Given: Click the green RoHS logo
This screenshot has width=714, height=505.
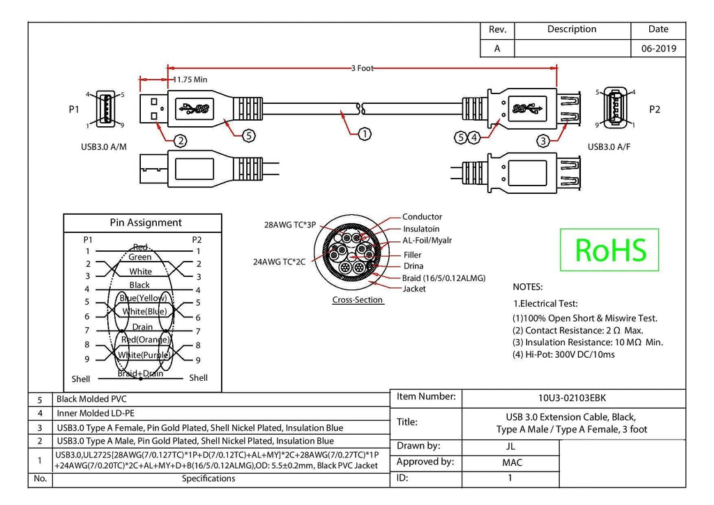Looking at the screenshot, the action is click(x=609, y=250).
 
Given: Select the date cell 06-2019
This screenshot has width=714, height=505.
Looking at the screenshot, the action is click(x=658, y=48).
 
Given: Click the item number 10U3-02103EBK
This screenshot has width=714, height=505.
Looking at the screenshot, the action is click(x=572, y=398).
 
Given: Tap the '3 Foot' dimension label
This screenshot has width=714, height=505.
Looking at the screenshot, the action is click(x=362, y=68).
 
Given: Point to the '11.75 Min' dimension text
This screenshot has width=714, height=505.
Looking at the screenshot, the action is click(x=190, y=80).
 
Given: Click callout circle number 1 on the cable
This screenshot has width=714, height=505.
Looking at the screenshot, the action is click(x=365, y=134).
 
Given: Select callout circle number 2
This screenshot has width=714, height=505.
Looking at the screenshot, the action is click(x=181, y=141).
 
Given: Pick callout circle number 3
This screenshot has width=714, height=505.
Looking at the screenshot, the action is click(x=542, y=141).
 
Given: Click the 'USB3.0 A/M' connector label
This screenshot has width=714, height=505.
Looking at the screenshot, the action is click(x=104, y=147).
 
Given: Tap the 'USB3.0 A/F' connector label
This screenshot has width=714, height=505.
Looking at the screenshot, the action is click(x=609, y=146).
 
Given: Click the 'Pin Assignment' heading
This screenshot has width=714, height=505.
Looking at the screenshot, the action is click(x=146, y=223).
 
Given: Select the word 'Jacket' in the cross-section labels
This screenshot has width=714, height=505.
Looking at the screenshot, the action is click(x=414, y=289).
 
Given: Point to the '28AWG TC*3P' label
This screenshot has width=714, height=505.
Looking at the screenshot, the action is click(x=290, y=225).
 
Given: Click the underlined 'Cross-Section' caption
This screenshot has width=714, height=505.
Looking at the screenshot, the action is click(x=358, y=300).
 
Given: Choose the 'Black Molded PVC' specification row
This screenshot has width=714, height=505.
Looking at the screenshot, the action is click(x=91, y=399).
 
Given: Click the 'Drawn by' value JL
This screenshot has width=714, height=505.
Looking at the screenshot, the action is click(x=510, y=446).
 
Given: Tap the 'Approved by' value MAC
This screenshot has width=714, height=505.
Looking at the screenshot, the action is click(x=512, y=462).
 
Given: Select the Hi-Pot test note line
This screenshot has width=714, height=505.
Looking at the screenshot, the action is click(x=563, y=354).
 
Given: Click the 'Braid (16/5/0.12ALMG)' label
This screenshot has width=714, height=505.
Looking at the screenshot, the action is click(x=443, y=278).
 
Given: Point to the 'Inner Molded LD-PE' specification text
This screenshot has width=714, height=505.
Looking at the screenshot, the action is click(x=96, y=414).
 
